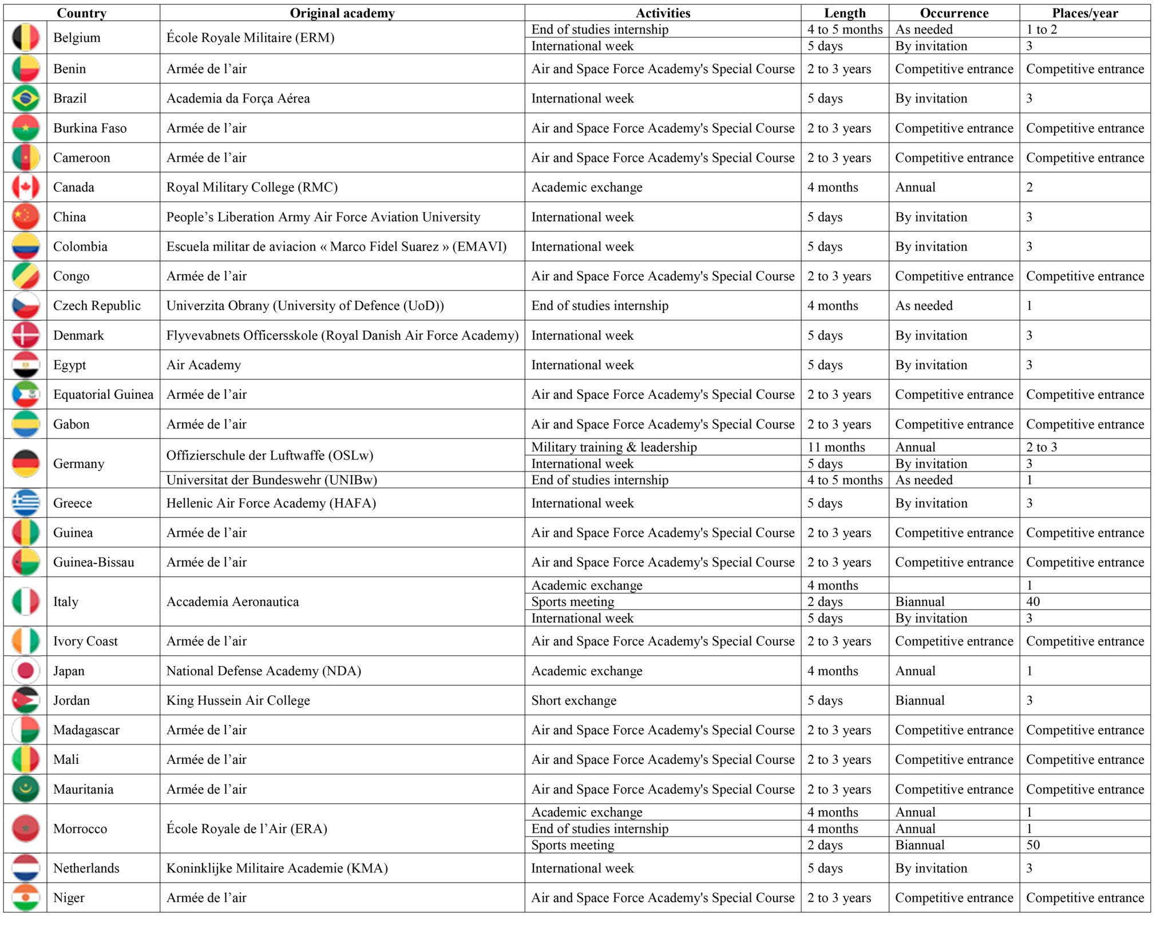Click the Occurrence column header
pos(954,13)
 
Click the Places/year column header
pos(1084,13)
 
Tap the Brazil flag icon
pos(26,98)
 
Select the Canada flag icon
pos(26,187)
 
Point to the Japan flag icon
pos(26,671)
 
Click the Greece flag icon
pos(26,503)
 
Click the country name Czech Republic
pos(97,306)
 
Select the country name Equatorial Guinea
pos(103,394)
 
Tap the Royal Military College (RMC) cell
pos(252,187)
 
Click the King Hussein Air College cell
pos(238,700)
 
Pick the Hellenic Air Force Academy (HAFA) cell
pos(271,503)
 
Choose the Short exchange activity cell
pos(574,700)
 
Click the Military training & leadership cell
pos(614,447)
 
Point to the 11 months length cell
pos(836,447)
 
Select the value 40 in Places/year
pos(1033,601)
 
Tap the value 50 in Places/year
pos(1033,845)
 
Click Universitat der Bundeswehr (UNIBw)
pos(271,480)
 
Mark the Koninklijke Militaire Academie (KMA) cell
pos(277,868)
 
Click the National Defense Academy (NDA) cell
pos(263,671)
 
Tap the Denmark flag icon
pos(26,335)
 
